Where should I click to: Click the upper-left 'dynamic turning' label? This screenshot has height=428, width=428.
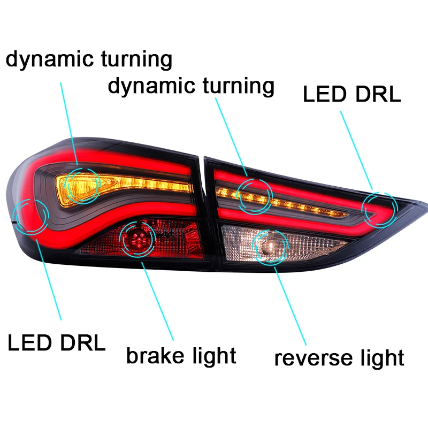(x=89, y=59)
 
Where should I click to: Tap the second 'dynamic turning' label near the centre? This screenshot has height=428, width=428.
(x=191, y=86)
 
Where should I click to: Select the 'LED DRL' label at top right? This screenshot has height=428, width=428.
(x=352, y=94)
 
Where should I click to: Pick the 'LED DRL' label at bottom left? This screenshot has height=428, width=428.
(x=57, y=342)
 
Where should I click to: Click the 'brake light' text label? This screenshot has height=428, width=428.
(x=181, y=356)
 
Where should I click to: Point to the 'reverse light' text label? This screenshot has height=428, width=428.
(x=339, y=358)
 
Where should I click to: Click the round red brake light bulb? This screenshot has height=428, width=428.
(x=139, y=239)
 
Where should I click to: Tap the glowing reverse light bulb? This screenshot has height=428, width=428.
(x=270, y=247)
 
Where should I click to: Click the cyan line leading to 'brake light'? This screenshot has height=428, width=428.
(x=157, y=301)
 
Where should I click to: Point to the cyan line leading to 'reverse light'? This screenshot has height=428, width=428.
(x=290, y=306)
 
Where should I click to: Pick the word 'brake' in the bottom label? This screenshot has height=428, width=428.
(x=155, y=356)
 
